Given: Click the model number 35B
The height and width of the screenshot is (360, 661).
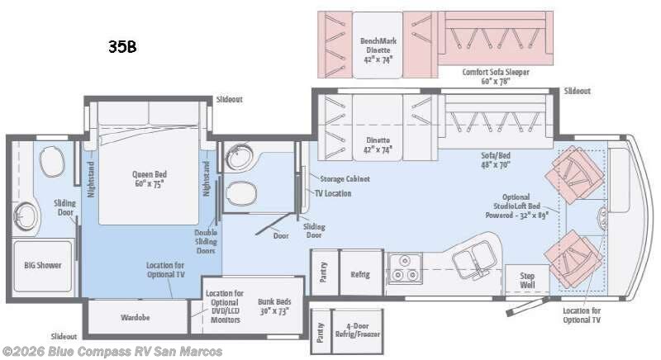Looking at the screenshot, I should pyautogui.click(x=121, y=47).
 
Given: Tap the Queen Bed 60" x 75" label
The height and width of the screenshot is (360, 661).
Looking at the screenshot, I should pyautogui.click(x=150, y=179).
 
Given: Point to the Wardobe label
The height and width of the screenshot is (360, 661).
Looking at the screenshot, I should pyautogui.click(x=136, y=315).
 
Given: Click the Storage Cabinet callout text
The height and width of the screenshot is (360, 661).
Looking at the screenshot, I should pyautogui.click(x=345, y=178).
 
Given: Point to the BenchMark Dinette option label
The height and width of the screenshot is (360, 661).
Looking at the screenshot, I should pyautogui.click(x=376, y=50).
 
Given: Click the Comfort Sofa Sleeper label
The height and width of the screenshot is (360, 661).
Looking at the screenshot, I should pyautogui.click(x=496, y=77).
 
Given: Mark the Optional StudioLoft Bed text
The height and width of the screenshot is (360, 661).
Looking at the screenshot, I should pyautogui.click(x=516, y=206).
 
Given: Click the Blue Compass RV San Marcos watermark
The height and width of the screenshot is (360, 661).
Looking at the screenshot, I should pyautogui.click(x=112, y=352).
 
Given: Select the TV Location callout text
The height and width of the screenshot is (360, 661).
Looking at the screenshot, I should pyautogui.click(x=332, y=193).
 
